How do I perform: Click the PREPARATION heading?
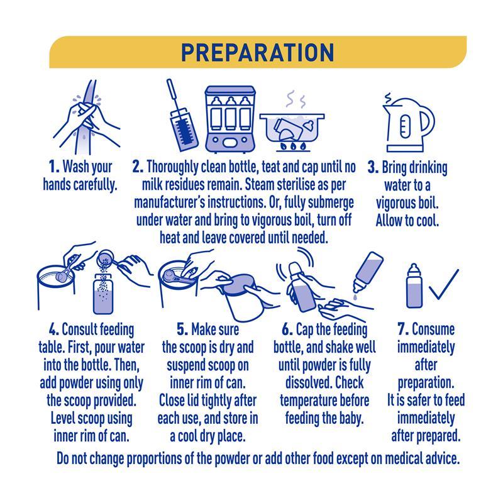pos(258,52)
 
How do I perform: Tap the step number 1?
pos(54,167)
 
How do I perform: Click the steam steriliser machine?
pos(230,119)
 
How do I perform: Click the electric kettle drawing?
pos(408,123)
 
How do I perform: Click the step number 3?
pos(373,167)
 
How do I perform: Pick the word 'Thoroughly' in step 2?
pos(172,167)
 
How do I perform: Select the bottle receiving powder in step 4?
pos(103,294)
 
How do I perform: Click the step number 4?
pos(54,329)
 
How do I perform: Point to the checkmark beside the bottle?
pos(444,284)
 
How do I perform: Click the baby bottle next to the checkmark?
pos(414,286)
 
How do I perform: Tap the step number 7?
pos(403,329)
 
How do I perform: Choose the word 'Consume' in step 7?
pos(433,329)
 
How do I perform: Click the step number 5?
pos(182,329)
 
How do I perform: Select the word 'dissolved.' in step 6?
pos(309,383)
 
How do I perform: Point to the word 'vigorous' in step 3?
pos(395,203)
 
